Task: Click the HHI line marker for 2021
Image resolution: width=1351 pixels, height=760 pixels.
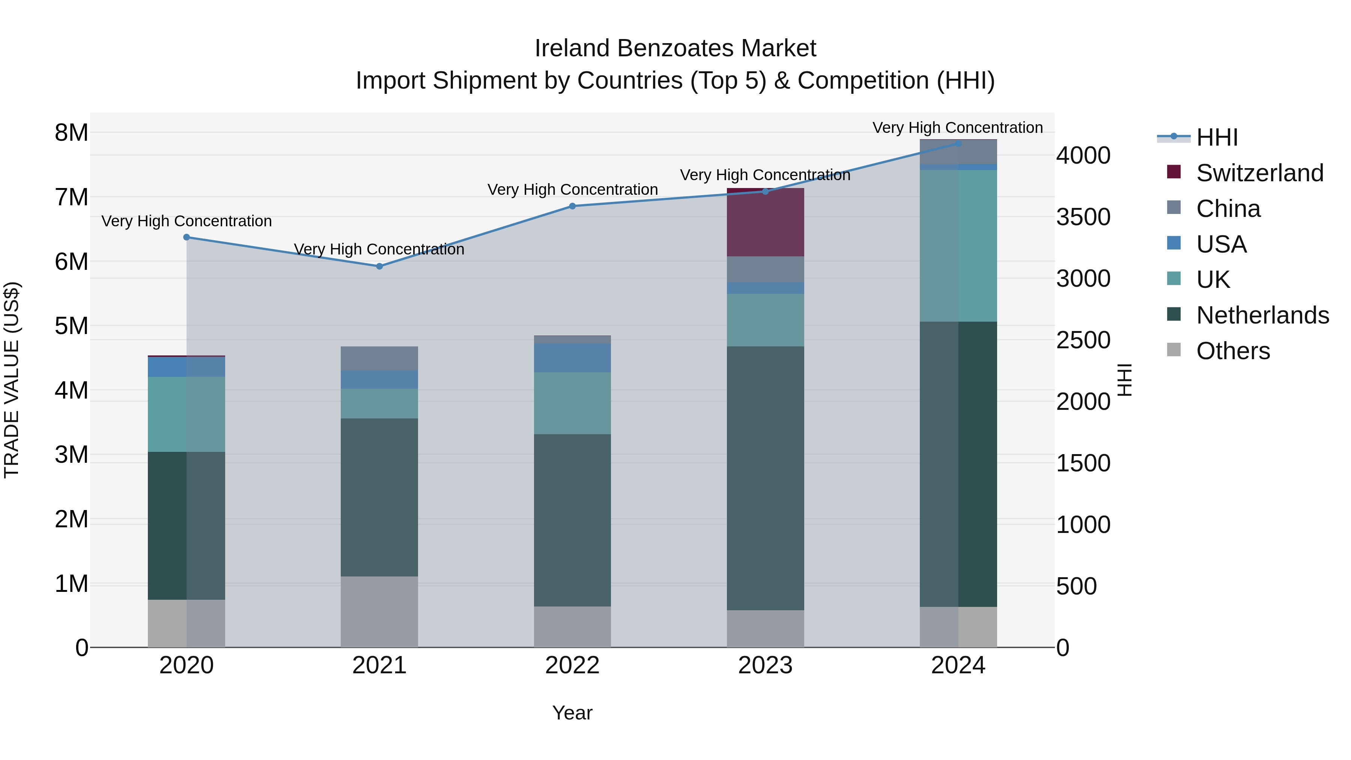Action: point(379,266)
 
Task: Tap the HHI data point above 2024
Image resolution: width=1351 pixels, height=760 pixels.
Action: point(958,144)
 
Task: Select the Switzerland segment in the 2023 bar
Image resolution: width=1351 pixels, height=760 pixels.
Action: point(765,223)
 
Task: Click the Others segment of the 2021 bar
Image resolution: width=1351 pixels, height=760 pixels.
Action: point(379,612)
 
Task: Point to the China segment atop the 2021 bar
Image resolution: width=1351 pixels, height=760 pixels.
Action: point(379,358)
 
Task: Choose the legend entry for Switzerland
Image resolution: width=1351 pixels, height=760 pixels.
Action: point(1259,173)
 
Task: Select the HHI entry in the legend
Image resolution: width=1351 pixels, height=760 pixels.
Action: point(1217,137)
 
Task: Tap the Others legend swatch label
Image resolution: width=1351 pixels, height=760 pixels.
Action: point(1232,351)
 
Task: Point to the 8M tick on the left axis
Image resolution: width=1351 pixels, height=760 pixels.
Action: point(71,133)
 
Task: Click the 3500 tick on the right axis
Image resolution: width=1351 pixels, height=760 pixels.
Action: point(1083,217)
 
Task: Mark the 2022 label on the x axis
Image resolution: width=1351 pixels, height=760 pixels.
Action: point(572,665)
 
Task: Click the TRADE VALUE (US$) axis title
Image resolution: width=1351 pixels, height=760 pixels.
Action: point(12,380)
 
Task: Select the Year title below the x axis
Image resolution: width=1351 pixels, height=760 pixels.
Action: point(572,713)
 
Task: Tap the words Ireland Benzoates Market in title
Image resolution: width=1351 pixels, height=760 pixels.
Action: point(675,48)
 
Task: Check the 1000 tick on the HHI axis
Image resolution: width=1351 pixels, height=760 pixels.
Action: point(1083,525)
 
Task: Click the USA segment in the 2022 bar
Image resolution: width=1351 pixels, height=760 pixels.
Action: point(572,358)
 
